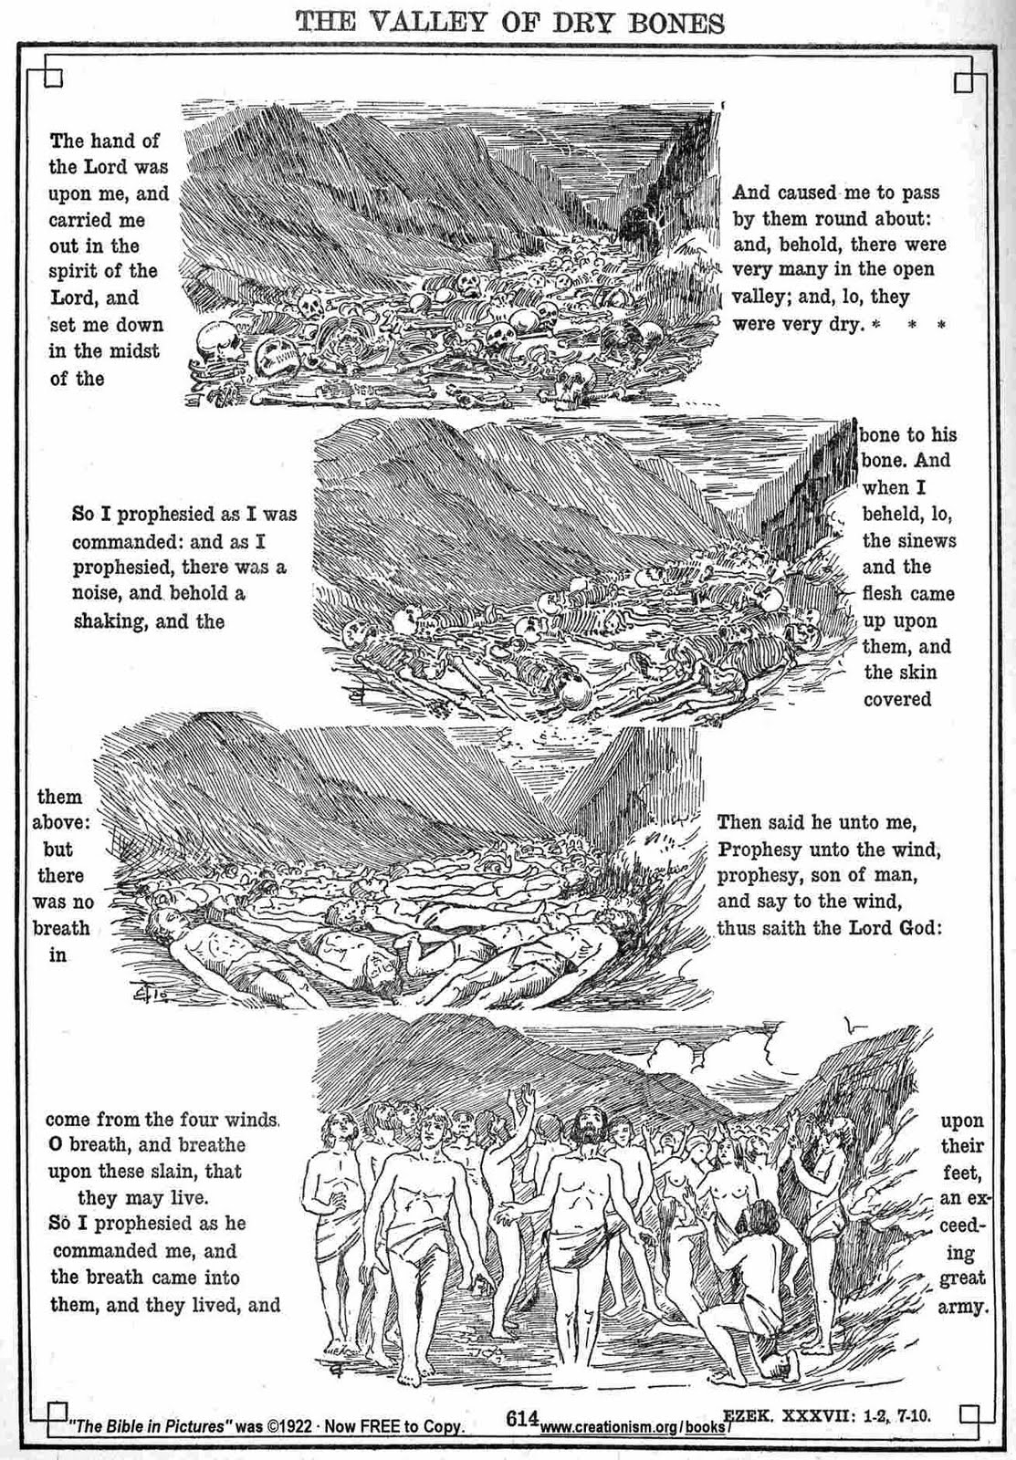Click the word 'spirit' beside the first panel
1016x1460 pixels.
[77, 271]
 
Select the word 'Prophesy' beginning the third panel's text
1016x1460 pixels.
[759, 850]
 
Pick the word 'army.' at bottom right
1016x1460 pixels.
[963, 1306]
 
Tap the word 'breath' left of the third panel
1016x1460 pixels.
[61, 928]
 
